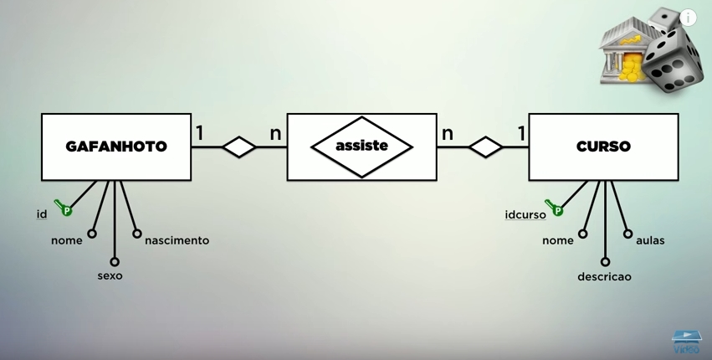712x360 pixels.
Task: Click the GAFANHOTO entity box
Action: coord(116,147)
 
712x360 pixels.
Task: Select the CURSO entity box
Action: coord(603,147)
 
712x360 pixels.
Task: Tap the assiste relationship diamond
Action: coord(361,147)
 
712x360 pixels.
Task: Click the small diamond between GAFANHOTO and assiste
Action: coord(239,147)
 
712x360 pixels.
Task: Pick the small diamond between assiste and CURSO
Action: coord(485,147)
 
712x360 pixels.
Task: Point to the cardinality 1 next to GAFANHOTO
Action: coord(200,132)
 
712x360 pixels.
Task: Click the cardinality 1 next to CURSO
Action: coord(521,132)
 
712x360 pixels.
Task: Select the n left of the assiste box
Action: coord(275,132)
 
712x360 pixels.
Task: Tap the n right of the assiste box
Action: coord(448,132)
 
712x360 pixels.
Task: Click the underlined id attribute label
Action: coord(41,214)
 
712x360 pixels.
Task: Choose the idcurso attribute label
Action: coord(525,214)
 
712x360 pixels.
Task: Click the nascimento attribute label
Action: coord(177,240)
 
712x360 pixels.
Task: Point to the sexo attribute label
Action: coord(110,275)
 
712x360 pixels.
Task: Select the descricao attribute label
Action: coord(604,276)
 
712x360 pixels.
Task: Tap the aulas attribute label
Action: coord(650,240)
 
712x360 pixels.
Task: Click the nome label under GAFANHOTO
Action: coord(67,240)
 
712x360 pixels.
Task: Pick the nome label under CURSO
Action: coord(558,240)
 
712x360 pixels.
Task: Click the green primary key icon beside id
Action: coord(64,208)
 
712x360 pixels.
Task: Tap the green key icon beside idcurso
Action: coord(554,208)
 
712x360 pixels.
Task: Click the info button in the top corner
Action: coord(688,17)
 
